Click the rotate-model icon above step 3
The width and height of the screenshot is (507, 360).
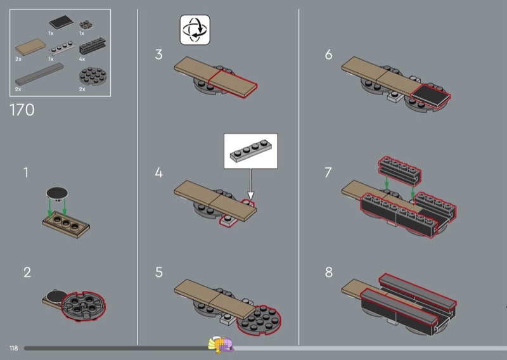coord(195,30)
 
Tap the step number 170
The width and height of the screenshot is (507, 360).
coord(22,110)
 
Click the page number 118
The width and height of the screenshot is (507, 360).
coord(13,348)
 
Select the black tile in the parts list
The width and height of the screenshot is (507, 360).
coord(61,23)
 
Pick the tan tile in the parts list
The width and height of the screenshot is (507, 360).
coord(30,47)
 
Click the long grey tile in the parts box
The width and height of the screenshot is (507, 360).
coord(39,74)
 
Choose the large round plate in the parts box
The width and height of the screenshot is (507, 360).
coord(93,76)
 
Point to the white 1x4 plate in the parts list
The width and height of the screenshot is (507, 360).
coord(61,48)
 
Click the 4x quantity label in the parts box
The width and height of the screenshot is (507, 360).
coord(82,59)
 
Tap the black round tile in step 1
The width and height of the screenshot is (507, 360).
coord(57,193)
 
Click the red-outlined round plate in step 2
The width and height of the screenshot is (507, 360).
coord(84,305)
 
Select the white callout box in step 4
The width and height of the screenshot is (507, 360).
coord(250,151)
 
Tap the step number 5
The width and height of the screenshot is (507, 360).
coord(159,273)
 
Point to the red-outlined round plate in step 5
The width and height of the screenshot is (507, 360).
coord(259,321)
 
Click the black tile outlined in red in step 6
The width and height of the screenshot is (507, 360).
coord(430,96)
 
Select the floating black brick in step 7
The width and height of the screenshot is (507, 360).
coord(400,170)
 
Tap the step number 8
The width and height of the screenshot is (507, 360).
coord(328,273)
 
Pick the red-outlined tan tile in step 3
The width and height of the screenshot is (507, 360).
coord(233,84)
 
